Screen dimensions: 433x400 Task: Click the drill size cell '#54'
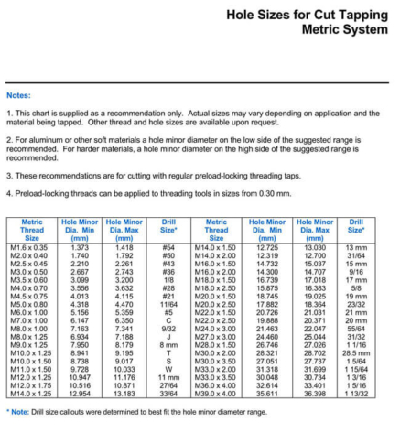point(168,246)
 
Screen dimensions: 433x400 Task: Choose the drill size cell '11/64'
point(168,303)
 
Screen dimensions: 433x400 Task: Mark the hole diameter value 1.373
point(80,246)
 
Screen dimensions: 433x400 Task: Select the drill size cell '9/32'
point(168,328)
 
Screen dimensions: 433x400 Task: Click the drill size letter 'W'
point(168,368)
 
